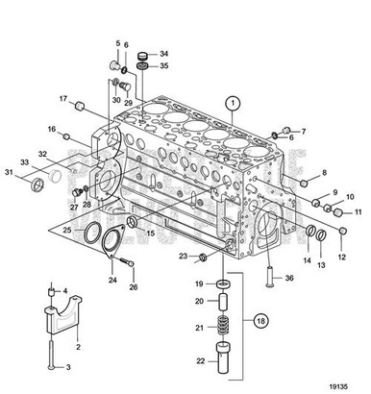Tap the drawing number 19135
tap(345, 382)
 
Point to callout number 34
tap(163, 54)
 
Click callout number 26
tap(134, 286)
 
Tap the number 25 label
tap(67, 231)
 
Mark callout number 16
tap(52, 130)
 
